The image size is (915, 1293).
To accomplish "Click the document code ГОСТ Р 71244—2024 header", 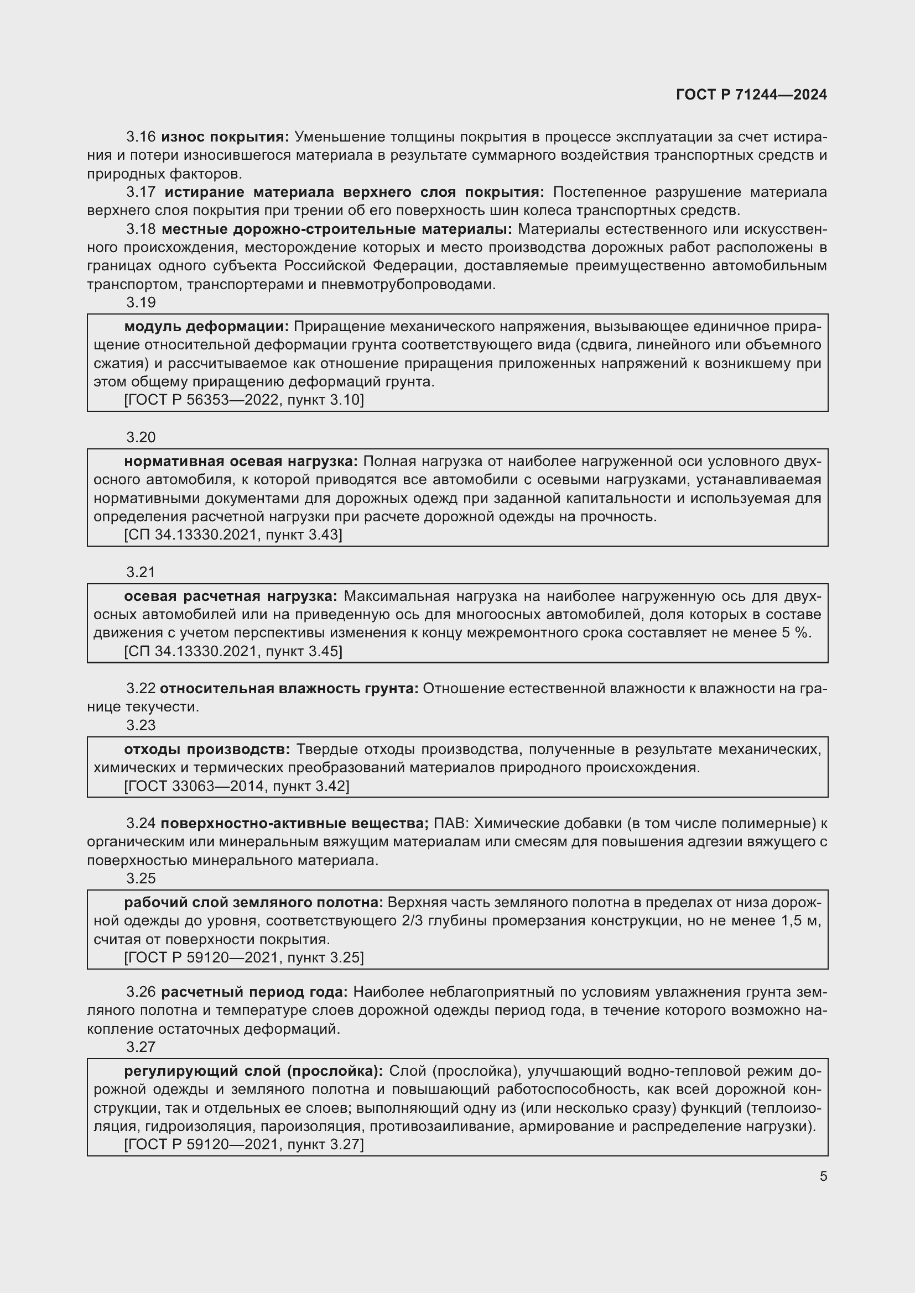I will click(751, 95).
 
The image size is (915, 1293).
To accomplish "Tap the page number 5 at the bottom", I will click(823, 1176).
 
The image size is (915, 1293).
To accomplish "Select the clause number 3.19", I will click(141, 302).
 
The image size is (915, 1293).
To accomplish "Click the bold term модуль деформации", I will click(206, 327).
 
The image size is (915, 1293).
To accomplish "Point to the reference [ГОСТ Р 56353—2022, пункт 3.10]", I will click(244, 400).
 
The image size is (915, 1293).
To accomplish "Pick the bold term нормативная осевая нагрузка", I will click(241, 462).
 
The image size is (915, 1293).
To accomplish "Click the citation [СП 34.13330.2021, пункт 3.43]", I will click(233, 535).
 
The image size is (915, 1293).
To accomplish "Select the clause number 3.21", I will click(141, 572).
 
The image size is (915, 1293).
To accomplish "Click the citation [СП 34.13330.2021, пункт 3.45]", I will click(233, 651).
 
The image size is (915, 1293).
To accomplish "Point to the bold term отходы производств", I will click(207, 750).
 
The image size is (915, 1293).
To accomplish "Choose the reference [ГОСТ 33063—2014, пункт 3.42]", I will click(237, 786).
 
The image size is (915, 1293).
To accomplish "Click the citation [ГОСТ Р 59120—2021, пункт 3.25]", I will click(244, 957).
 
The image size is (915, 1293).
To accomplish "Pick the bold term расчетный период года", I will click(254, 992).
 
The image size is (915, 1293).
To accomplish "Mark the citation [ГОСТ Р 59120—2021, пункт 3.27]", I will click(244, 1144).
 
